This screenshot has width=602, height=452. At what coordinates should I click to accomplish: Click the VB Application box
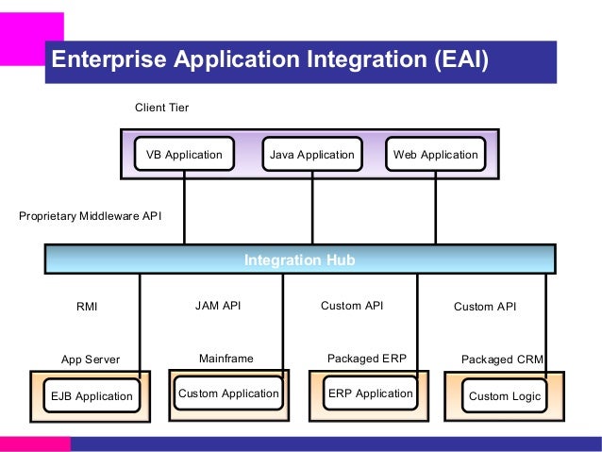(184, 154)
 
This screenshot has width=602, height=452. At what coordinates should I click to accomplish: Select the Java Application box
(312, 154)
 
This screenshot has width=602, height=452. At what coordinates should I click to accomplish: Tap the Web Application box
(435, 154)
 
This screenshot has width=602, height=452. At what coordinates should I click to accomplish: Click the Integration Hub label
(299, 260)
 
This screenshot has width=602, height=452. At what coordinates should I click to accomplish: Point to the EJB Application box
(92, 395)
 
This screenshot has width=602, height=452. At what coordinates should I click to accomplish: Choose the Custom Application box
(228, 393)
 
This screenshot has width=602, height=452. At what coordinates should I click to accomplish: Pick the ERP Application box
(371, 393)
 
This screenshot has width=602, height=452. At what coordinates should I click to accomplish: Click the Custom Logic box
(504, 395)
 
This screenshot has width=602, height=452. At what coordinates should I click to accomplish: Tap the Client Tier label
(161, 108)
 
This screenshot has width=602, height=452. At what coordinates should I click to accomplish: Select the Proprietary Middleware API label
(91, 216)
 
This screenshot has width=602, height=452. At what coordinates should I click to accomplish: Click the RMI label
(87, 307)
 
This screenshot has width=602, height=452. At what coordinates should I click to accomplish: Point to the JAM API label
(218, 306)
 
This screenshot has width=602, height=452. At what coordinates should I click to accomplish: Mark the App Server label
(91, 360)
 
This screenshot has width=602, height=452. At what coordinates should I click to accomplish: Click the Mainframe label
(226, 359)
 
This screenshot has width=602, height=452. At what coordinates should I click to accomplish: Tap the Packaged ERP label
(367, 359)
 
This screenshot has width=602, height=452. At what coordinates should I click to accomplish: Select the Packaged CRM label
(502, 360)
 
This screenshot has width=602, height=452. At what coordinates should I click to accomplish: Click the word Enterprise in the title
(109, 59)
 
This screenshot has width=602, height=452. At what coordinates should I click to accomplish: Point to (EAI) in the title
(461, 59)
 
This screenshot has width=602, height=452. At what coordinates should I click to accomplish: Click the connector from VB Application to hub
(184, 208)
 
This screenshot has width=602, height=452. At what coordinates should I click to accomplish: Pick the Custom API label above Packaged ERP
(352, 306)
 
